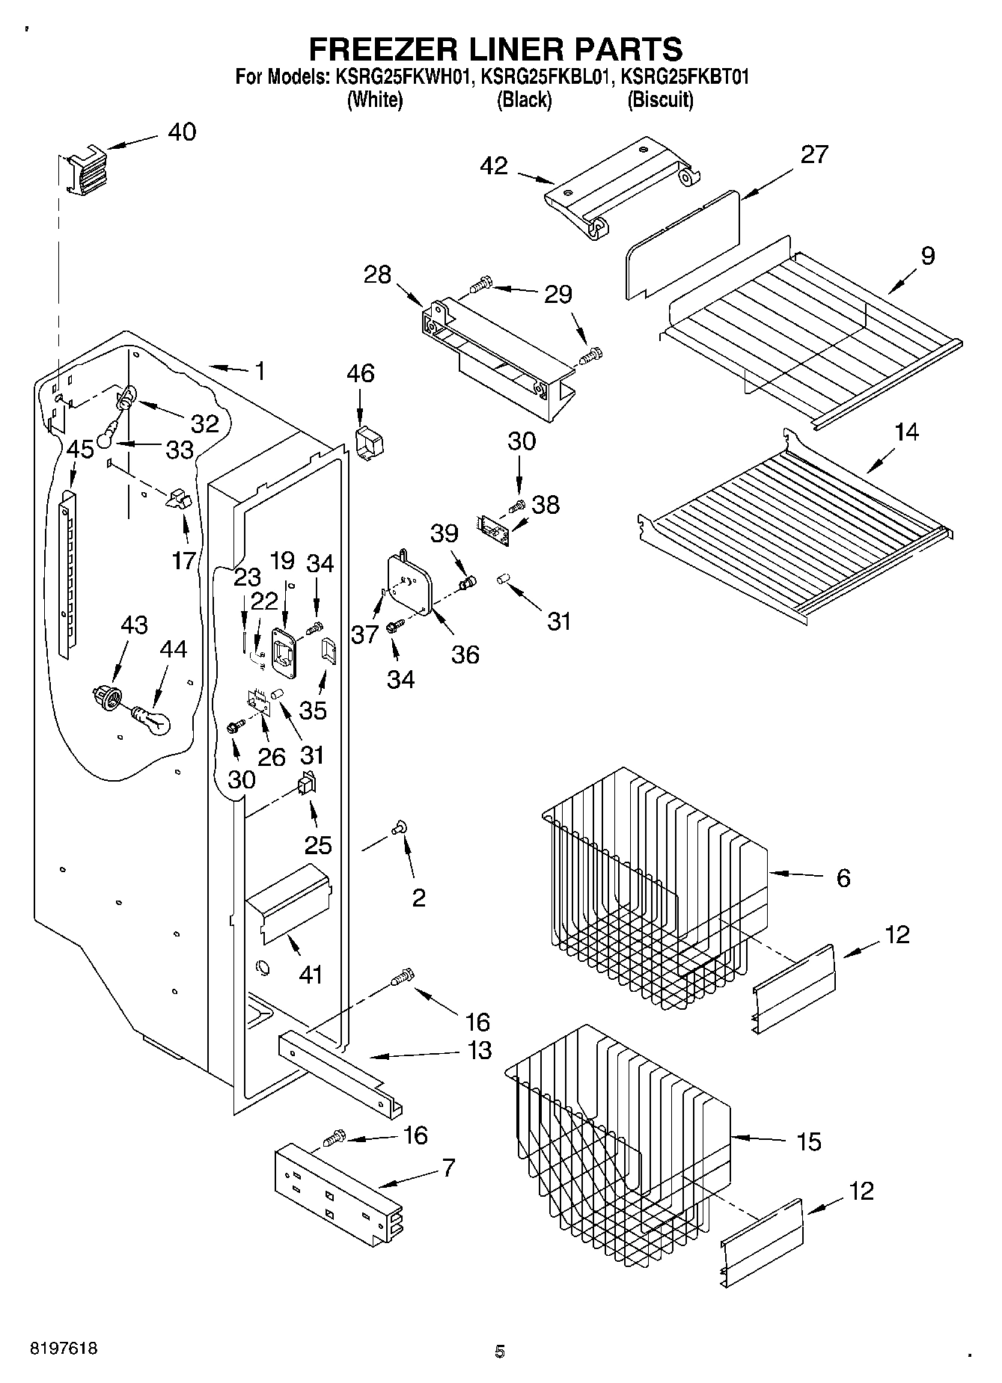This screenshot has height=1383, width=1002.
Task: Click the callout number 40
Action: (182, 132)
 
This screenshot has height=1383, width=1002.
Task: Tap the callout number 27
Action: (814, 155)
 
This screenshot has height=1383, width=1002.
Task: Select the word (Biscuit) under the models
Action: (660, 100)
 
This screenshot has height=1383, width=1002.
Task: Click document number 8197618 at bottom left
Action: (63, 1349)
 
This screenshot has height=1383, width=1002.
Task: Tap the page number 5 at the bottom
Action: (499, 1351)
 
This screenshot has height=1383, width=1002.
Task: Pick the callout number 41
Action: (311, 975)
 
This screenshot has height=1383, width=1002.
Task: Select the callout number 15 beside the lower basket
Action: (809, 1142)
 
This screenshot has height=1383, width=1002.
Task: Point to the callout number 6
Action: (843, 877)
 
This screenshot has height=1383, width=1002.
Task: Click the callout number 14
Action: (906, 432)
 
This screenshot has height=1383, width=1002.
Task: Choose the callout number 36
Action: (465, 654)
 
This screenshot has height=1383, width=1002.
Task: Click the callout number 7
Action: (448, 1168)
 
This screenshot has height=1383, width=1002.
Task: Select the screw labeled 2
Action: (397, 827)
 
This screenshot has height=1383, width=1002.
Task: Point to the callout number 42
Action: (495, 166)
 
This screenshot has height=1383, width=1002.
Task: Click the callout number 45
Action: (80, 450)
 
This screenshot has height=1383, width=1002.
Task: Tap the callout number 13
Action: (479, 1050)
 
